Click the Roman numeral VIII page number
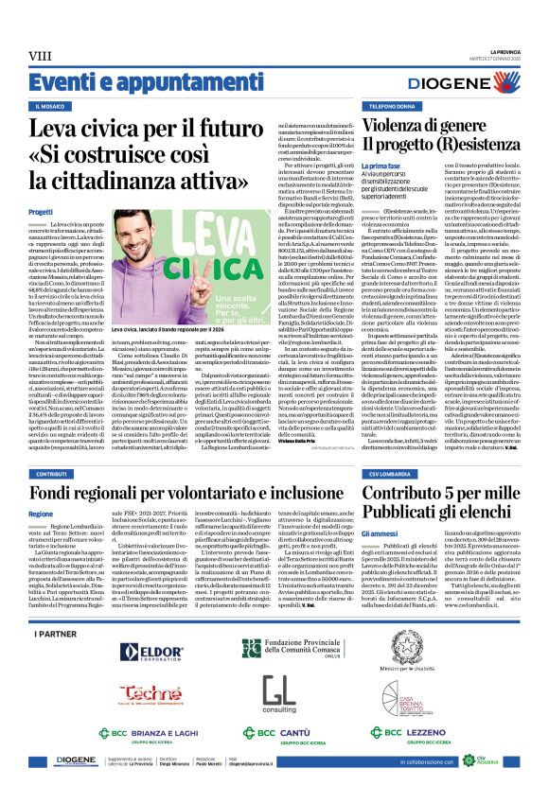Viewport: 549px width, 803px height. (x=40, y=54)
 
